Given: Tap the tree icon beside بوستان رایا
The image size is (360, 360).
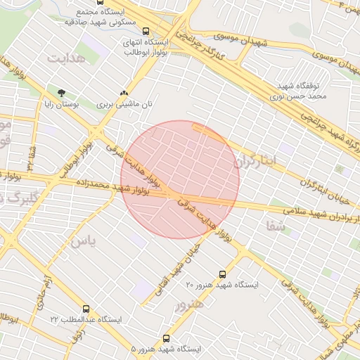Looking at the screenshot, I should [61, 93].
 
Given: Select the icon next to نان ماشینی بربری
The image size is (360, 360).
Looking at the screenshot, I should [124, 93].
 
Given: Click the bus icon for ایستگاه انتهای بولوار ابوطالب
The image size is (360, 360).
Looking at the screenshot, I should [146, 31].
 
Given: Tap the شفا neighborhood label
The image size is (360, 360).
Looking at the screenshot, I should [275, 226].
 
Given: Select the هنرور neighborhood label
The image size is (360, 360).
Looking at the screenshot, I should [188, 304].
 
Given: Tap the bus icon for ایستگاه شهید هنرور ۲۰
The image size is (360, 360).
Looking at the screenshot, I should [223, 274].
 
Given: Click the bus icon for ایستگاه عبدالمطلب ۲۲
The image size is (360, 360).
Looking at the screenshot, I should [86, 309].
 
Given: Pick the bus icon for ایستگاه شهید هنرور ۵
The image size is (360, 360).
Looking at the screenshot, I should [166, 338].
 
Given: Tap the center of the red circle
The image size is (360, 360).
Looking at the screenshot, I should [180, 179].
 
